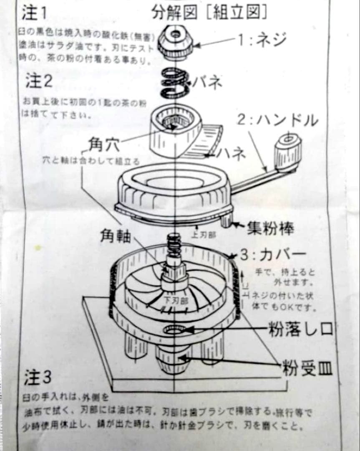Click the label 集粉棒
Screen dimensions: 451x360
(270, 228)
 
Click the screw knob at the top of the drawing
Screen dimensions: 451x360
(175, 41)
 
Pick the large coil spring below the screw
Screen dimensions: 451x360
(175, 81)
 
